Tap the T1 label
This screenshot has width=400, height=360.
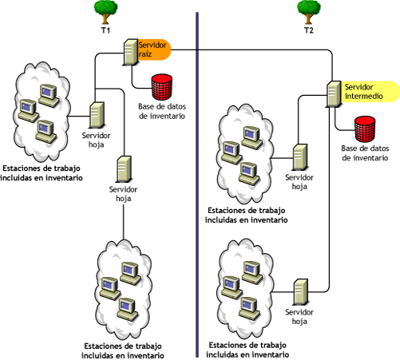105,30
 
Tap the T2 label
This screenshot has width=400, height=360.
308,30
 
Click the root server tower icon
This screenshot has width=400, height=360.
130,51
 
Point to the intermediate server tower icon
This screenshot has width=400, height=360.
335,93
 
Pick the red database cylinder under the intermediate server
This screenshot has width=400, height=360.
365,127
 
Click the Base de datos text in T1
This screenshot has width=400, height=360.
163,111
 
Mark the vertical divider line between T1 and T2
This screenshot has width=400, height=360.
196,184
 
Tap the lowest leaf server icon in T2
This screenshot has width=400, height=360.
300,289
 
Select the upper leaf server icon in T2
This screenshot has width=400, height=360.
300,156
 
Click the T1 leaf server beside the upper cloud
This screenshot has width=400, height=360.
97,116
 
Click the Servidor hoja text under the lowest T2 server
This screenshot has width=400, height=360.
299,318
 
